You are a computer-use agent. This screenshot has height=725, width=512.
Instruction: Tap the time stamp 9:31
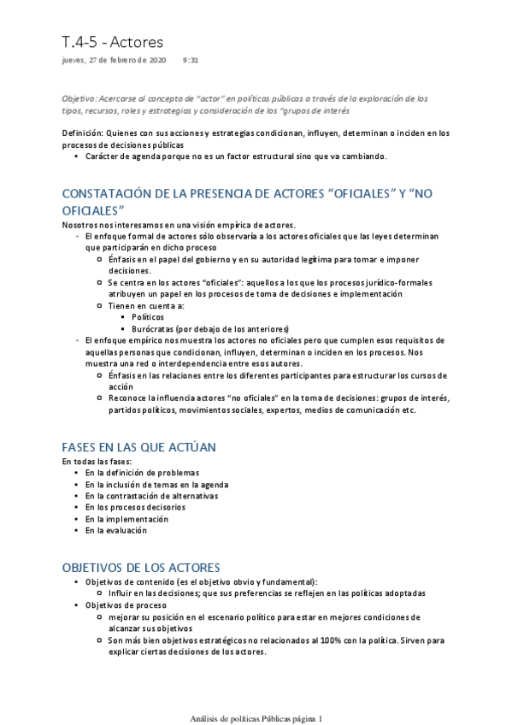(x=191, y=61)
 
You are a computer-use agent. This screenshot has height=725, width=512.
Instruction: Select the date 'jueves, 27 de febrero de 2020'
(x=115, y=61)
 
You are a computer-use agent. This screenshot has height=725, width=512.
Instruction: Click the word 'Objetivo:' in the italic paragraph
(x=83, y=98)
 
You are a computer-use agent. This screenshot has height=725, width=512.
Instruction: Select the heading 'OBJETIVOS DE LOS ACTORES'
(x=141, y=567)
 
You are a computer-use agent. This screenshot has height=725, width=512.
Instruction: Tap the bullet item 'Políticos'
(x=148, y=316)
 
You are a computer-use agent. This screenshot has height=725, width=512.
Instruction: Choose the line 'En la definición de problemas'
(x=142, y=473)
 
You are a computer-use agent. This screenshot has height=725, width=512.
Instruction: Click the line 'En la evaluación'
(x=116, y=530)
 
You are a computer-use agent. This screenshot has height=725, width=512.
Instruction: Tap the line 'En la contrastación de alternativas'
(x=151, y=495)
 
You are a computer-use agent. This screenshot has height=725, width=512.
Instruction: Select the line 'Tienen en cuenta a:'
(x=145, y=305)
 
